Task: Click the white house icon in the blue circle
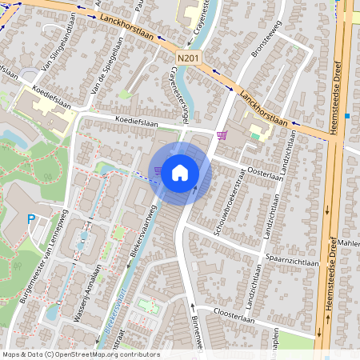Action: (180, 172)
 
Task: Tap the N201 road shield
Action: (188, 58)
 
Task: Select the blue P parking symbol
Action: (31, 219)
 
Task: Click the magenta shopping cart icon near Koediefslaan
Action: (222, 134)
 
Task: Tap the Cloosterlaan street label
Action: (243, 317)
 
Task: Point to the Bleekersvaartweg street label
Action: (143, 234)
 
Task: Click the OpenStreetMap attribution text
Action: (81, 354)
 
